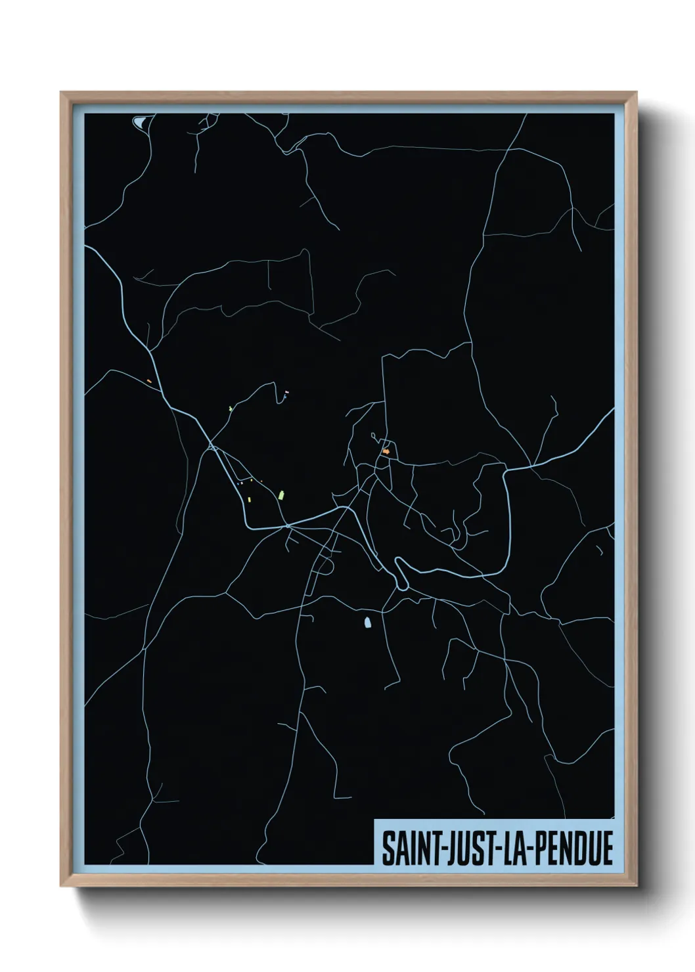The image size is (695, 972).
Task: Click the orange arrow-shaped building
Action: click(x=386, y=452)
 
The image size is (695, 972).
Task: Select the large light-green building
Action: click(x=281, y=494)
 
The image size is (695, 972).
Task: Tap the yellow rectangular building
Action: click(x=250, y=499)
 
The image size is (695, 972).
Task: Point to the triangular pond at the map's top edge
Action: click(x=141, y=121)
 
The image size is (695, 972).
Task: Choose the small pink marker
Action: click(x=286, y=392)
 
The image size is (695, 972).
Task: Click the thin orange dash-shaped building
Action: click(x=150, y=381)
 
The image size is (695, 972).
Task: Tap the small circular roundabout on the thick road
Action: click(x=287, y=526)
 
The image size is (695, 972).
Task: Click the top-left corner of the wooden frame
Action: click(x=62, y=94)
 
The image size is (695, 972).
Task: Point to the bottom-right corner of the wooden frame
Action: click(x=635, y=885)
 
